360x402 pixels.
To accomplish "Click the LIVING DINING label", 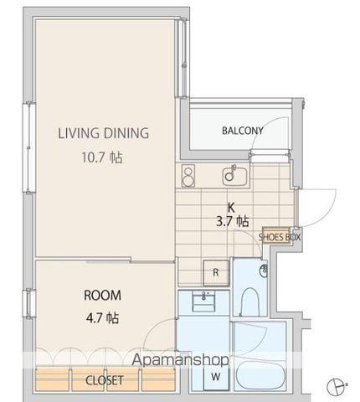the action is coord(103,133).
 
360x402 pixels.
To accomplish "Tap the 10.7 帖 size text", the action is coord(102,157).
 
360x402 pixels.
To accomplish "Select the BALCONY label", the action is coord(242,131).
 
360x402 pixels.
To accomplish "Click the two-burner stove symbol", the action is coord(188,176).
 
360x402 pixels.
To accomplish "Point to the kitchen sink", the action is coord(234,176).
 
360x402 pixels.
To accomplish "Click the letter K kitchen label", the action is coord(231,208).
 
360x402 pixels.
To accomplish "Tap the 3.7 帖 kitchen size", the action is coord(233,221).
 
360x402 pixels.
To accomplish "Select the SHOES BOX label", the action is coord(280,237).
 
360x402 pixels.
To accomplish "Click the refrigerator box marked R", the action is coord(216,273).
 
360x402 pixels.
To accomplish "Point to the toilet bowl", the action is coord(249,301).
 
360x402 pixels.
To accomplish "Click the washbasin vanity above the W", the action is coord(204,301).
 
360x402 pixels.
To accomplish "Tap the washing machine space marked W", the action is coord(216,378).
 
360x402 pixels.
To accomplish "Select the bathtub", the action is coord(260,374).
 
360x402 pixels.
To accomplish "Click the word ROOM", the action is coord(102,296).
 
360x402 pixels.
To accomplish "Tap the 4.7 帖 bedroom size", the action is coord(102,317).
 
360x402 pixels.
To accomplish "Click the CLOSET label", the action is coord(105,380).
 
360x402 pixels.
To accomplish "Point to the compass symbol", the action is coord(337,387).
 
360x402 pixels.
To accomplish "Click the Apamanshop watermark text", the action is coord(180,359).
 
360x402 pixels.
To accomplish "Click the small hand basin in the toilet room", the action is coord(264,271).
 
